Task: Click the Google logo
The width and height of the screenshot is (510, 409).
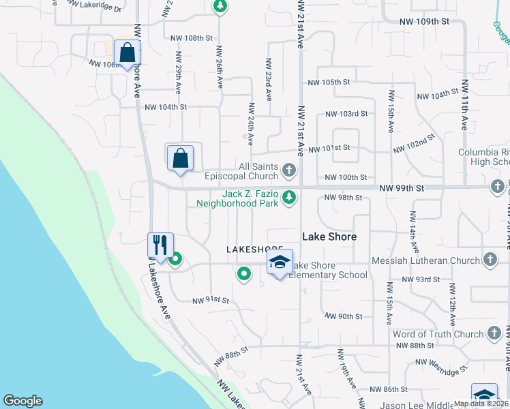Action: (22, 401)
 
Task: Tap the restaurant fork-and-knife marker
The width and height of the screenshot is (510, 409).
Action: (160, 245)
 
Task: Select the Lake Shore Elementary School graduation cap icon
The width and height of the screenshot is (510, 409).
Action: (279, 262)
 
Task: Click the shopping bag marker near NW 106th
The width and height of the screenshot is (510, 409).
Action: (127, 52)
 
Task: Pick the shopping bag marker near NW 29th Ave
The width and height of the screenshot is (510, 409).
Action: (181, 159)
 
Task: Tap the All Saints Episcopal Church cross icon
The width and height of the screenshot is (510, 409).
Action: (289, 168)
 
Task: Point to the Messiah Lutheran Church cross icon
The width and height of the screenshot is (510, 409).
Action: (490, 259)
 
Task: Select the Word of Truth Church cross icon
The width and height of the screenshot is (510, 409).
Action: (494, 334)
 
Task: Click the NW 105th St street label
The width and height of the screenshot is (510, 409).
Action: (329, 82)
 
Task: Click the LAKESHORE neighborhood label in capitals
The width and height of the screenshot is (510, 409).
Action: (254, 250)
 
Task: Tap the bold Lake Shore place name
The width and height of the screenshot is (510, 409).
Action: (329, 237)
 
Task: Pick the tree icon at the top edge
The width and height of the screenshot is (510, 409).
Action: (220, 7)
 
